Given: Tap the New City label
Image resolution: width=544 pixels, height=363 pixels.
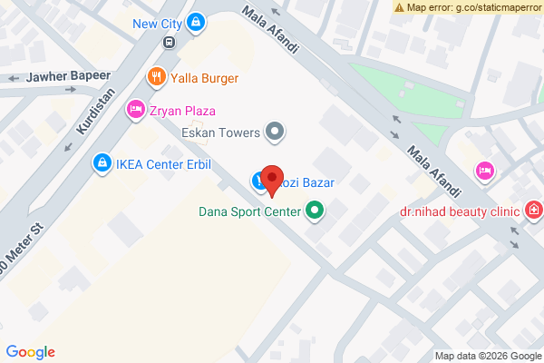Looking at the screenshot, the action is [x=158, y=23].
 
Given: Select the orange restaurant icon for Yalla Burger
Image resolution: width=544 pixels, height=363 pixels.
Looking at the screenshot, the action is [x=157, y=77].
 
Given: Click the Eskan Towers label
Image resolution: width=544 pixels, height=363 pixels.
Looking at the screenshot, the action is [x=221, y=132].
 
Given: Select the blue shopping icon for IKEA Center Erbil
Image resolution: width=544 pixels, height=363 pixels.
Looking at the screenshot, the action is [x=102, y=163].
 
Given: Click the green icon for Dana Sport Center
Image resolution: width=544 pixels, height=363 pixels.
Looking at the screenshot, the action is [x=315, y=213].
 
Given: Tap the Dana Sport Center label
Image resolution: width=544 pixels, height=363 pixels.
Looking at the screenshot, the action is [x=250, y=213].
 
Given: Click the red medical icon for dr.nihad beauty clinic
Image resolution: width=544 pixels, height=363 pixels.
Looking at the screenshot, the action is [x=534, y=211].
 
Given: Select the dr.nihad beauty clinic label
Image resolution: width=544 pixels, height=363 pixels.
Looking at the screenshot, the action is [x=460, y=211].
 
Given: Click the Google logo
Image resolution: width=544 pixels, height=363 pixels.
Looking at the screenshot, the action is [x=31, y=352].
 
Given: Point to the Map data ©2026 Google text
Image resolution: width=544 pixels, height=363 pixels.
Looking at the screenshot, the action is [x=486, y=356].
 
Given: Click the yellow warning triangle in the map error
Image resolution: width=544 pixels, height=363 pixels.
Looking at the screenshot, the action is [x=400, y=6].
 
